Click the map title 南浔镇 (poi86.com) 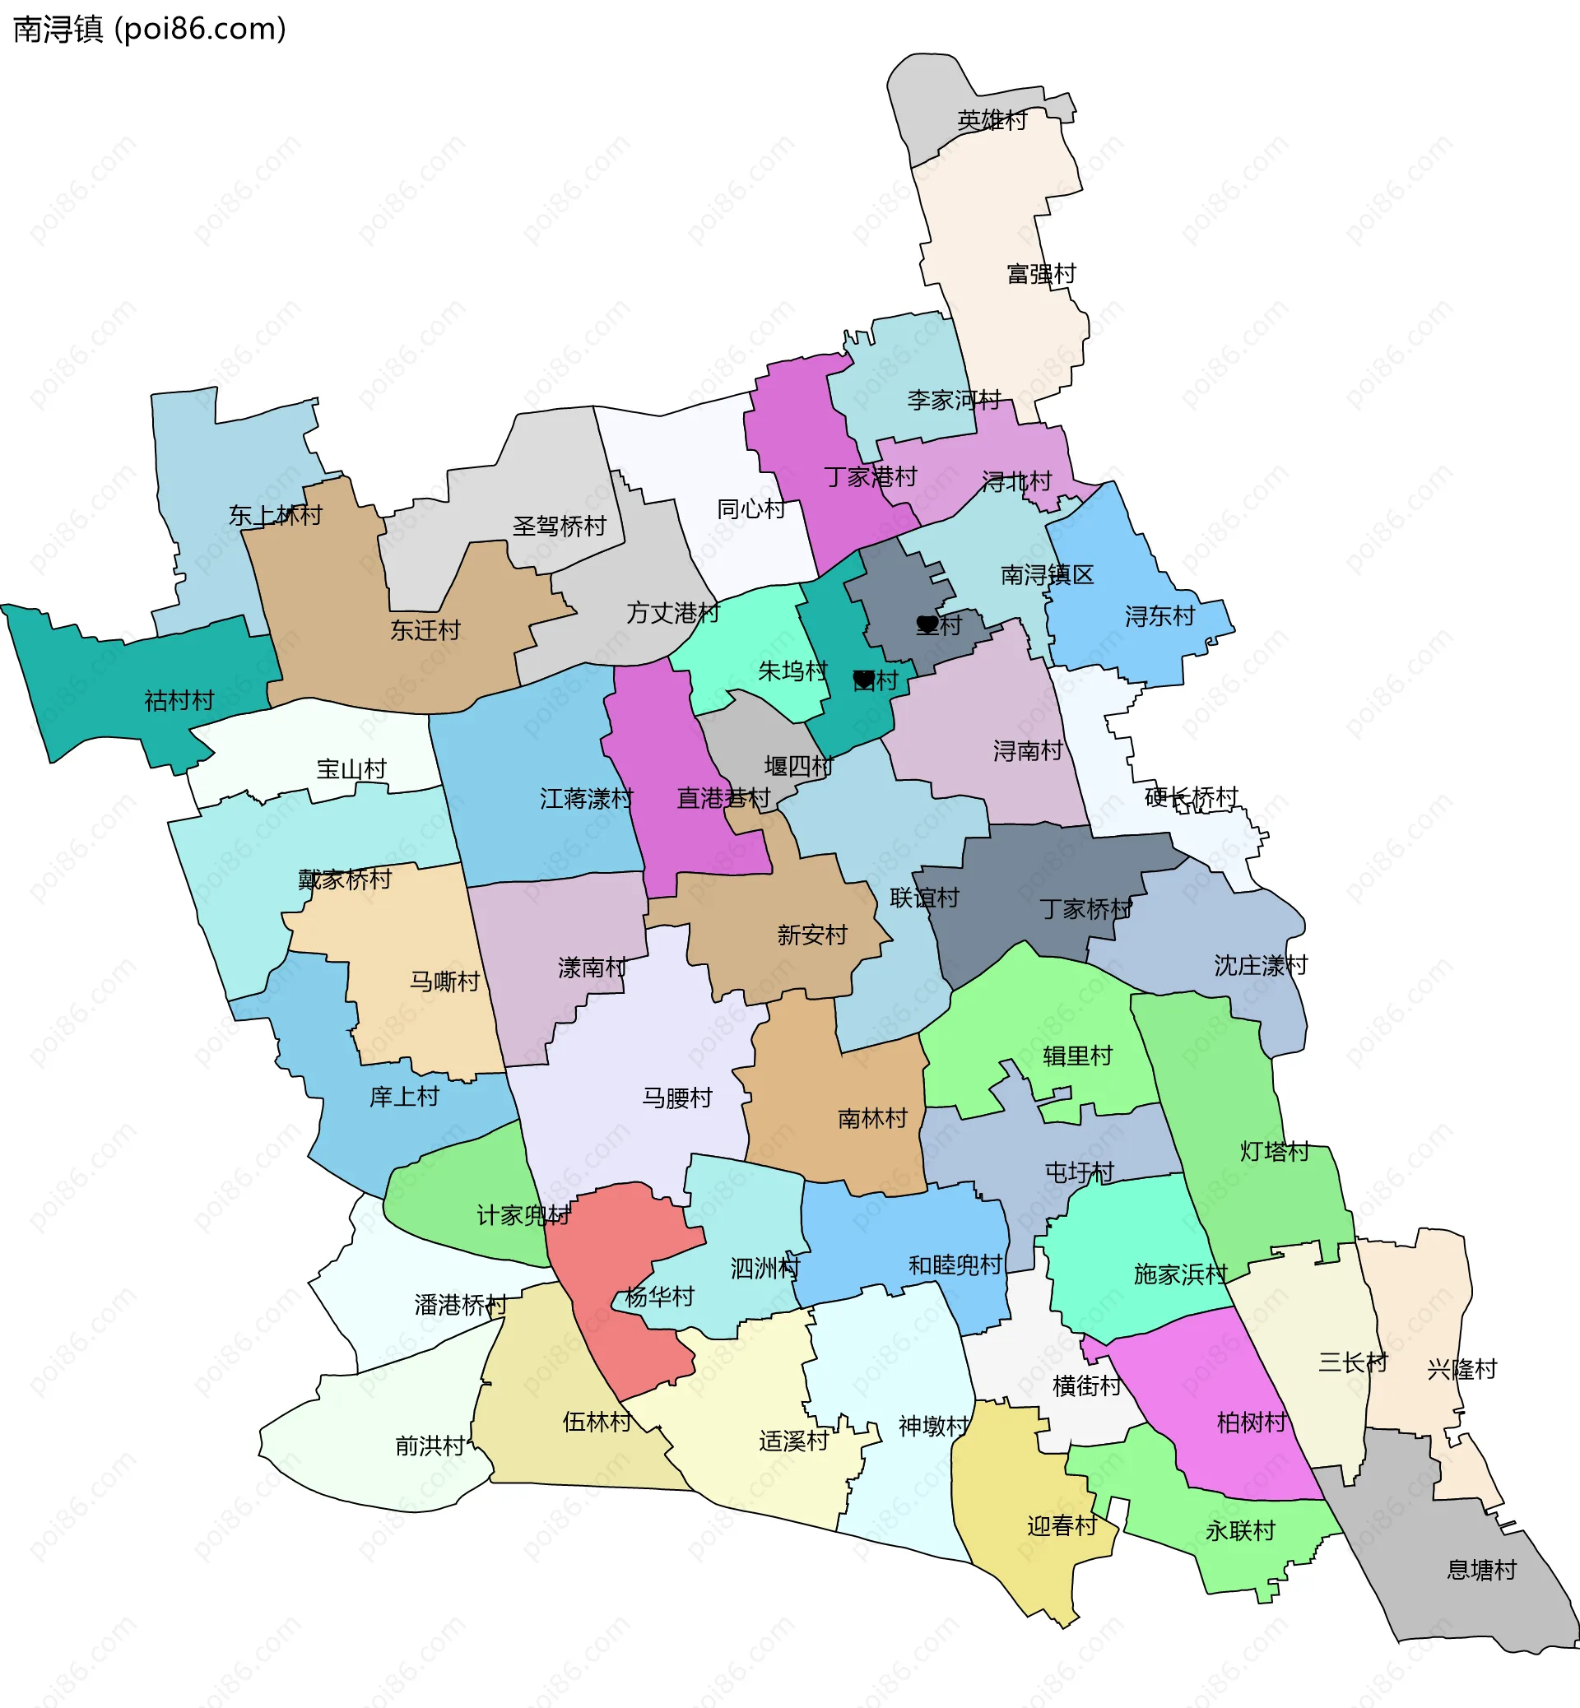click(x=150, y=29)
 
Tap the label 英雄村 click(x=992, y=121)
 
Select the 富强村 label click(x=1041, y=275)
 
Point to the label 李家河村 click(x=953, y=400)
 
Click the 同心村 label click(x=750, y=509)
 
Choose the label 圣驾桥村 click(x=559, y=527)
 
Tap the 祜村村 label click(x=179, y=701)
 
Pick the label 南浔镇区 click(x=1048, y=574)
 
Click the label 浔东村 click(x=1159, y=616)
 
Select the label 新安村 click(x=812, y=935)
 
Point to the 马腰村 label click(x=677, y=1098)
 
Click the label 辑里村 click(x=1077, y=1056)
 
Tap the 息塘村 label click(x=1482, y=1571)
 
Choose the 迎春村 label click(x=1062, y=1526)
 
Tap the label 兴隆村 click(x=1462, y=1370)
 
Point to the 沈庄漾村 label click(x=1261, y=966)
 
